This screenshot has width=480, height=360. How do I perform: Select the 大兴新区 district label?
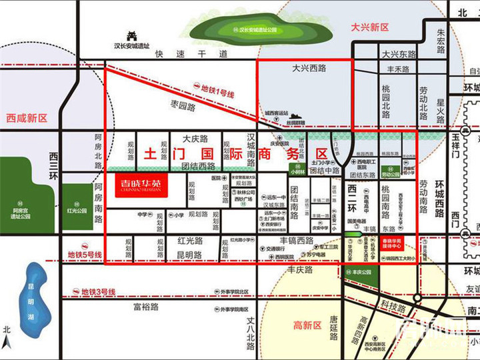pos(369,27)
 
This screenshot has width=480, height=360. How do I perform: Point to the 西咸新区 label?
pos(27,118)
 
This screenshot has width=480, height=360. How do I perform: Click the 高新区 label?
pos(307,325)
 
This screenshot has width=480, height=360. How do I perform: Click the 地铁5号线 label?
pos(85,255)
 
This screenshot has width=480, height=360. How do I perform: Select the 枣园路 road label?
pos(182,106)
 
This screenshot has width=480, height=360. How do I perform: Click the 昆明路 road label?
pos(189,255)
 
